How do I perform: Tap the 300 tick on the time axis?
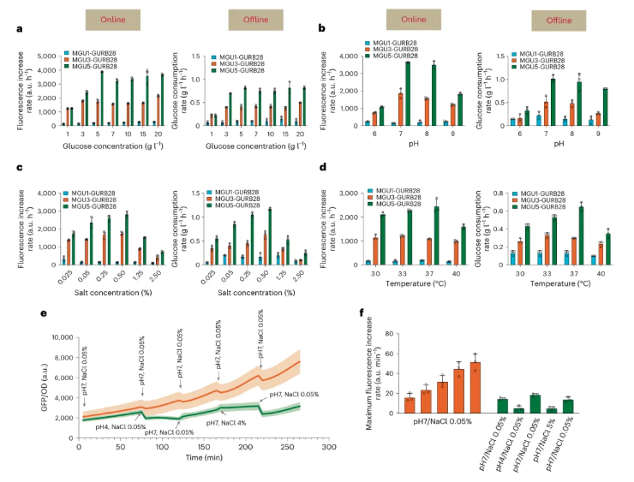pos(327,448)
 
